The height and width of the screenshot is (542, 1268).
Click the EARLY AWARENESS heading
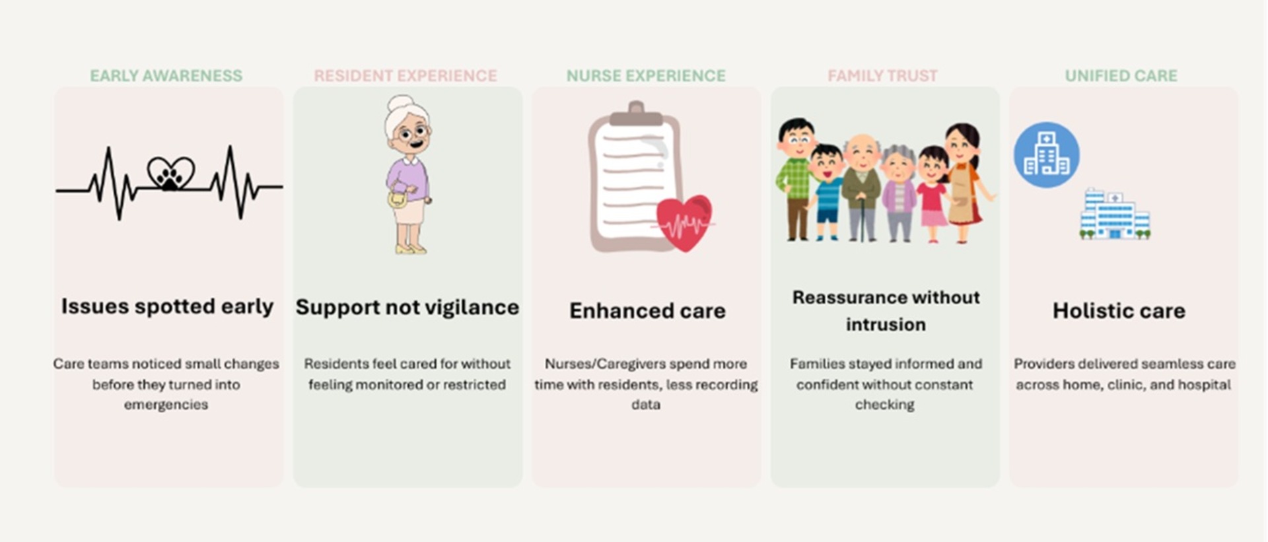point(166,76)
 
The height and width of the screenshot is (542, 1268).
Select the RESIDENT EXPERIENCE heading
point(405,76)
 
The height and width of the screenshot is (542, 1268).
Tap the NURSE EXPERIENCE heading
point(646,76)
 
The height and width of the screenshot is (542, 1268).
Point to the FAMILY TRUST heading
point(882,76)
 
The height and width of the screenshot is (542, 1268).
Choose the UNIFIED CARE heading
point(1121,76)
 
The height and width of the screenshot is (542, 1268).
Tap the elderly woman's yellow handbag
point(397,198)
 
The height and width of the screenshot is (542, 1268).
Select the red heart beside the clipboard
point(684,222)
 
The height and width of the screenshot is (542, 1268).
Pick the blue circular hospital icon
point(1047,155)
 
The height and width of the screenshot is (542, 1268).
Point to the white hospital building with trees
point(1115,214)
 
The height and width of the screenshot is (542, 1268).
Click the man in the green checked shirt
point(795,178)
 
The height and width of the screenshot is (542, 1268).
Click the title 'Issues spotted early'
point(167,307)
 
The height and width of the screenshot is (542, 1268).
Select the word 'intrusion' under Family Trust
point(886,325)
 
